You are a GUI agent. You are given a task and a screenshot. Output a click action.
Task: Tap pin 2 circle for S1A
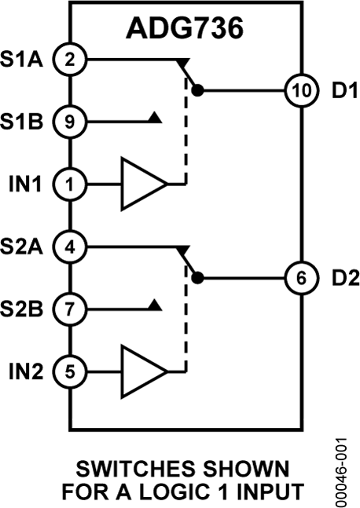tap(70, 58)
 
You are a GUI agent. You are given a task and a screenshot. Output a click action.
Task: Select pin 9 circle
tap(70, 122)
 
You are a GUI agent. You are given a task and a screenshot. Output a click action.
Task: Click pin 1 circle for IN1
tap(70, 185)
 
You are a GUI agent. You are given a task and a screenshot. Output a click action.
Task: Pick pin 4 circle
tap(70, 247)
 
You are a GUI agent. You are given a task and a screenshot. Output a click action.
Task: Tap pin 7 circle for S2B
tap(70, 309)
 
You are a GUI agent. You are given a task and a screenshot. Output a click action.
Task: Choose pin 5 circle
tap(70, 372)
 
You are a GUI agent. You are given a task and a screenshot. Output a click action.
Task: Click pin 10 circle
tap(302, 90)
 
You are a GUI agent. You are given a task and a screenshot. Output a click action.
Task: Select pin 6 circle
tap(302, 278)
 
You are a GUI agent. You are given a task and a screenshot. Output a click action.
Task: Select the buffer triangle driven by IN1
tap(141, 185)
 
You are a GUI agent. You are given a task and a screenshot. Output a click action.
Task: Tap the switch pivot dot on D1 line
tap(198, 90)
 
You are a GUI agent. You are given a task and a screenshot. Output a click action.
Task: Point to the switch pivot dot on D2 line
tap(198, 278)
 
